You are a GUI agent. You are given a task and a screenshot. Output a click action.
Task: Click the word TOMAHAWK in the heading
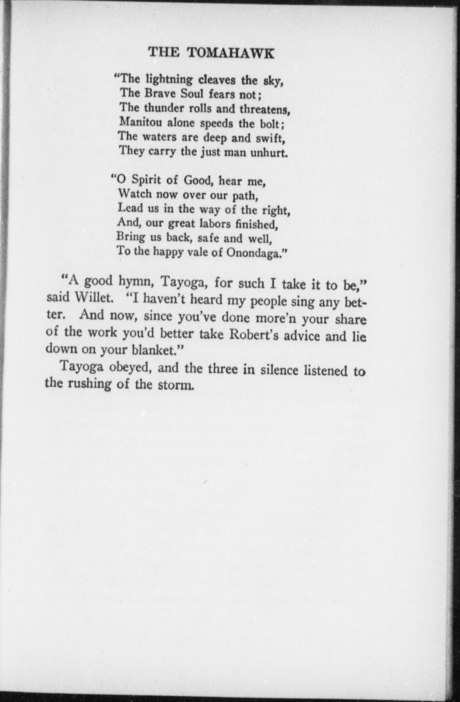point(230,53)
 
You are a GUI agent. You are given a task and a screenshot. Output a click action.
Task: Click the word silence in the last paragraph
point(279,370)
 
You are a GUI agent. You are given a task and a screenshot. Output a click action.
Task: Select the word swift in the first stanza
point(270,139)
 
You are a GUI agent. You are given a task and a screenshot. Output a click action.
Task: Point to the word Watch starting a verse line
point(135,194)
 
